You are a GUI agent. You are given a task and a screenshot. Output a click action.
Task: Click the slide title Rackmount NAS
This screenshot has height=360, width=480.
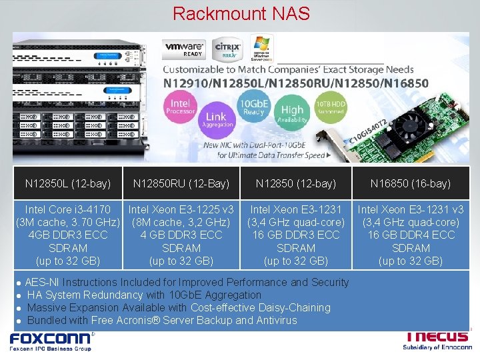tap(239, 13)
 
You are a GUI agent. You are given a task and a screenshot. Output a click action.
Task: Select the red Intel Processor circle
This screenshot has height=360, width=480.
tap(181, 107)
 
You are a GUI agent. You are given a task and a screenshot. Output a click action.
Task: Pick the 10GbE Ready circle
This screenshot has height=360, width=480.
tap(254, 108)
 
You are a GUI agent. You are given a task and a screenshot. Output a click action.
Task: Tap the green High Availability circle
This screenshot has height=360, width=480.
tap(292, 114)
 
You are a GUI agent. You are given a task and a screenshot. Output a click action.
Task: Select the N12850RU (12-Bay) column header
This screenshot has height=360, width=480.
tap(181, 183)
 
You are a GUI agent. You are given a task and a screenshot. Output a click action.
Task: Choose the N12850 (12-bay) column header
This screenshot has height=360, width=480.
tap(296, 183)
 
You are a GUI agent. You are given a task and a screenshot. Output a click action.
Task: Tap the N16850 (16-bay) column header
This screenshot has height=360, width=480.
tap(411, 183)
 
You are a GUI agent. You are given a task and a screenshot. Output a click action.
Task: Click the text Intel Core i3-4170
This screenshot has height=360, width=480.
tap(68, 209)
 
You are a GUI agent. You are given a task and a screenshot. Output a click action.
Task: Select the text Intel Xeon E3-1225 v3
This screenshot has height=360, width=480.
tap(181, 209)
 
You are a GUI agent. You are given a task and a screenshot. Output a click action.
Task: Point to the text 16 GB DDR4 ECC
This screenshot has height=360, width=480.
tap(411, 235)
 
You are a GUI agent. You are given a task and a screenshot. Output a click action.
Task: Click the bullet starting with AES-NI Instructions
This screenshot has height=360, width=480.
tap(187, 282)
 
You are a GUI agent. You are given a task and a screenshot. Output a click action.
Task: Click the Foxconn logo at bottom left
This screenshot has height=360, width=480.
tap(51, 341)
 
